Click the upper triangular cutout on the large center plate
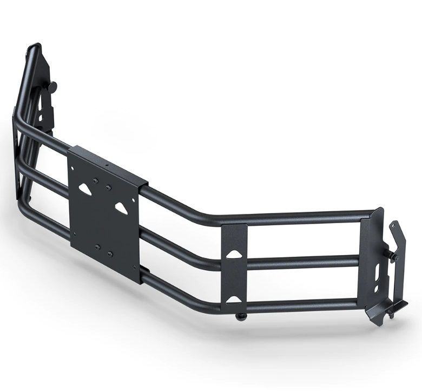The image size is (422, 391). click(x=86, y=189)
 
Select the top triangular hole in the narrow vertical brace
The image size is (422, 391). click(x=234, y=253)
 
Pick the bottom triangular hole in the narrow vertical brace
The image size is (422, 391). click(x=234, y=299)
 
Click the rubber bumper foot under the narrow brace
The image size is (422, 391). click(x=240, y=317)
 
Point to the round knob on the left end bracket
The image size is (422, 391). click(x=52, y=87)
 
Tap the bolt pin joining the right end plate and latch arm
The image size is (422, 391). click(x=389, y=253)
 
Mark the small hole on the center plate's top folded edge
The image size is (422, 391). click(x=107, y=164)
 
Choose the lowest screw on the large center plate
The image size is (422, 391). click(x=110, y=254)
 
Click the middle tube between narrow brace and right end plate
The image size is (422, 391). click(x=303, y=262)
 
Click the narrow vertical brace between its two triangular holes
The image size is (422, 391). click(x=234, y=276)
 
